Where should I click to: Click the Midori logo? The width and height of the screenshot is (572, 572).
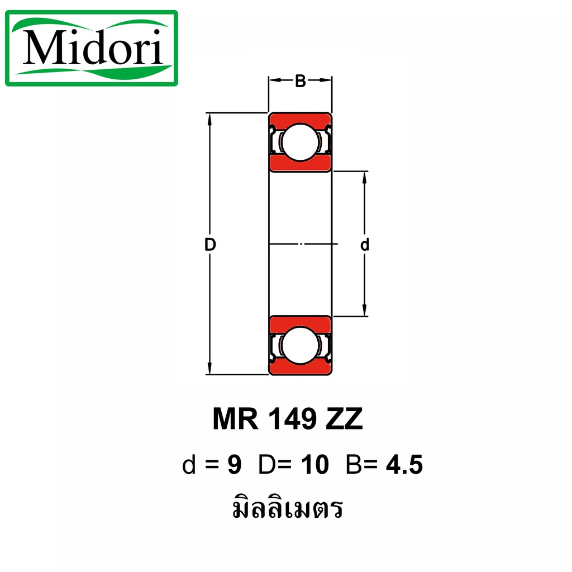pos(92,48)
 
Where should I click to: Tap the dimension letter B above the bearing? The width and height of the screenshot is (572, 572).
pos(300,81)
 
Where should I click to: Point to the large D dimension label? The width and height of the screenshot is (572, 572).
pos(210,245)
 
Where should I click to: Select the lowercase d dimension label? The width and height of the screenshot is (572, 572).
pos(364,245)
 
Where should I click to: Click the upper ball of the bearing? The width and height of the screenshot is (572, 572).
pos(300,142)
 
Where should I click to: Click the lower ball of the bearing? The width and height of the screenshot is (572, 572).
pos(300,345)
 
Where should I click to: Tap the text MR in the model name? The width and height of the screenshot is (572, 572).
pos(236,419)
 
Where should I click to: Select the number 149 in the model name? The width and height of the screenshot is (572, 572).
pos(292,419)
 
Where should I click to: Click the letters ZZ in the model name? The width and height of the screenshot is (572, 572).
pos(344,419)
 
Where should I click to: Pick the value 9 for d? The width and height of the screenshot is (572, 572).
pos(235,465)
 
